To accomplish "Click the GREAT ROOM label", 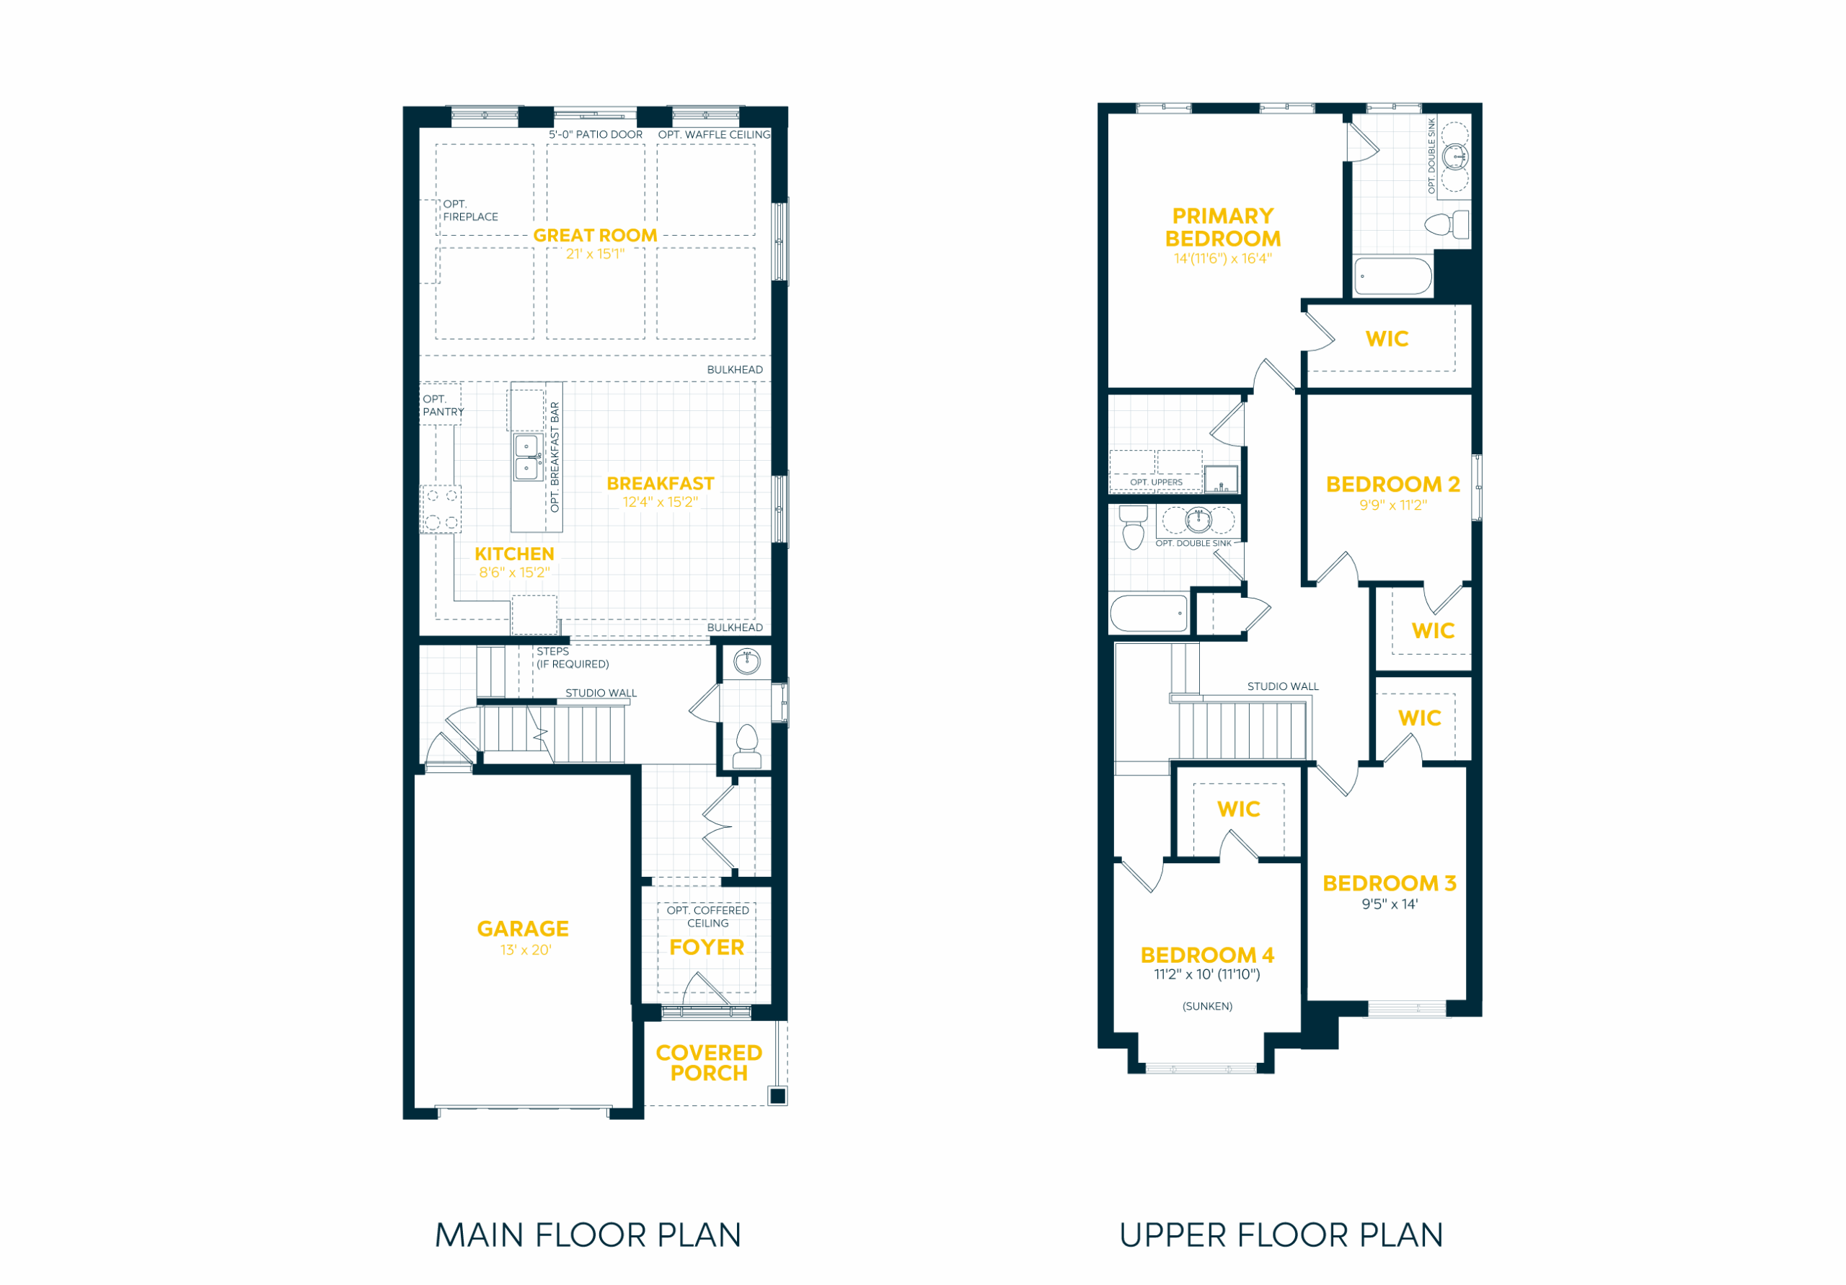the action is (595, 236).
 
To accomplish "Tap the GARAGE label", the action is (523, 929).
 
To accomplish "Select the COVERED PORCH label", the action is (709, 1062).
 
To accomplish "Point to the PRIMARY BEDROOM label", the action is (1223, 228).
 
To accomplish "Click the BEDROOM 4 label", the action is (1208, 955).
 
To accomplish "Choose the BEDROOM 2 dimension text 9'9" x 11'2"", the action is (1393, 505).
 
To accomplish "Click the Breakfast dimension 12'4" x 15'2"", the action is (660, 502).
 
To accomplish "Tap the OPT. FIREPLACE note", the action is (470, 210).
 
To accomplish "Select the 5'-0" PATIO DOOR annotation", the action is (596, 134).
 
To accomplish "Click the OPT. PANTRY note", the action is (443, 405).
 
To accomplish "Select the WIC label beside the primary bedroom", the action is (1387, 338).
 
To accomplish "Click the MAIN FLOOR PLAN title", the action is (588, 1235).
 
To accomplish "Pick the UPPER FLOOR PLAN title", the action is (1281, 1235).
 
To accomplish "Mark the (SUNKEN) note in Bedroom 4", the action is (1208, 1006).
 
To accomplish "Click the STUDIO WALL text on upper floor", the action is (1284, 686).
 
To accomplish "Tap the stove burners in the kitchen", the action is (441, 509).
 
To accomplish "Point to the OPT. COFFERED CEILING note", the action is (707, 917).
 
